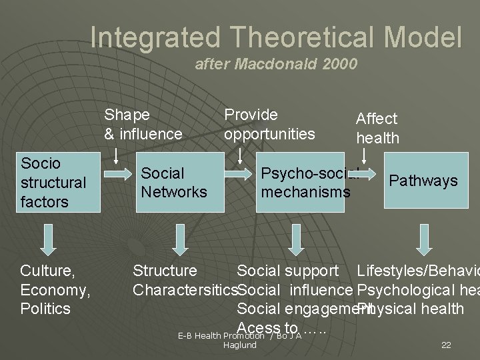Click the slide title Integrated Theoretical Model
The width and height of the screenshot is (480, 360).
[x=275, y=37]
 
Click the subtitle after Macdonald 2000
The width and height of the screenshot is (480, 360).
[x=275, y=65]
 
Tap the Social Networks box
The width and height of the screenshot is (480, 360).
[x=173, y=183]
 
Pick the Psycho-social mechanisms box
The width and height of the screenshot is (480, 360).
[x=300, y=183]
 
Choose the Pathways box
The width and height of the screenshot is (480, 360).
[x=423, y=181]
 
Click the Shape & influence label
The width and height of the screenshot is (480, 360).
[x=143, y=124]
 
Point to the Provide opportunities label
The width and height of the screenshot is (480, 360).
[x=269, y=124]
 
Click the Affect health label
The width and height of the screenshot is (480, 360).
[x=377, y=128]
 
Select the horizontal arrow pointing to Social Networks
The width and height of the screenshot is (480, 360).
[x=118, y=175]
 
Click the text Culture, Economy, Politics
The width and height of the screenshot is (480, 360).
[x=55, y=289]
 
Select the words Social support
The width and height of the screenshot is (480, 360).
[x=287, y=271]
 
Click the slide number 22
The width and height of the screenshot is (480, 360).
[x=446, y=345]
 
